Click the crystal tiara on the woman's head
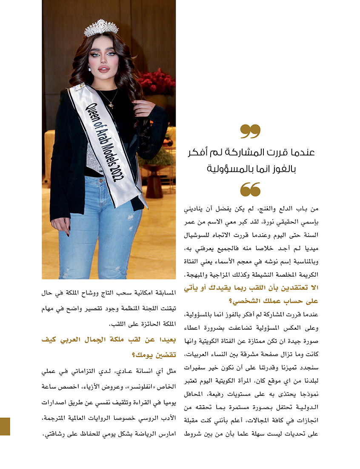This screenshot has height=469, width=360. point(101,28)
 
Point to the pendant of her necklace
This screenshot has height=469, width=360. point(111,105)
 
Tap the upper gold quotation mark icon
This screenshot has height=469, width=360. point(250,132)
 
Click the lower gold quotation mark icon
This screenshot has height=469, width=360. point(250,189)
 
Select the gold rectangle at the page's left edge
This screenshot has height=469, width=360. point(5,426)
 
